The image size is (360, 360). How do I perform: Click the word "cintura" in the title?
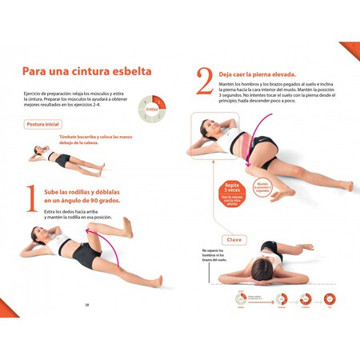(x=95, y=71)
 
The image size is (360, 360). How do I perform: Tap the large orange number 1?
(x=31, y=199)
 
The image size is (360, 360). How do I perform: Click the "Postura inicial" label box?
(x=43, y=125)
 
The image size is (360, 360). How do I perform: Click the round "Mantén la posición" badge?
(x=262, y=187)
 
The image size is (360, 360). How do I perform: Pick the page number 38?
(x=87, y=304)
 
